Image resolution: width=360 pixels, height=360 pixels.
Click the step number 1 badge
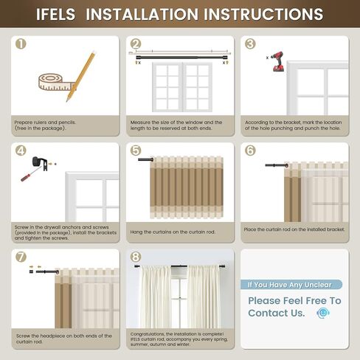(x=21, y=44)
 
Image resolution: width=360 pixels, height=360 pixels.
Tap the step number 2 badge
(x=136, y=44)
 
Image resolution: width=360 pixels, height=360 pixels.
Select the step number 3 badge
(x=250, y=44)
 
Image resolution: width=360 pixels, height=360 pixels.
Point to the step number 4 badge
(x=21, y=150)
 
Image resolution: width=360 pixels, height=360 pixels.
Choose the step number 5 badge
(x=136, y=150)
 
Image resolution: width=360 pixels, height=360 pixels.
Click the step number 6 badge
(x=250, y=150)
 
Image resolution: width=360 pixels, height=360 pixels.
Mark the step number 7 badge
(x=21, y=257)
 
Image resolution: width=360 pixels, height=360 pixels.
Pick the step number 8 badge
(x=136, y=257)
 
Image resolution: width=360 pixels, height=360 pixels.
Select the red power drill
(x=277, y=62)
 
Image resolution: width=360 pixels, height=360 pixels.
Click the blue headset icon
(x=322, y=313)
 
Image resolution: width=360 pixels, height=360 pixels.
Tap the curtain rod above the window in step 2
(x=181, y=53)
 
